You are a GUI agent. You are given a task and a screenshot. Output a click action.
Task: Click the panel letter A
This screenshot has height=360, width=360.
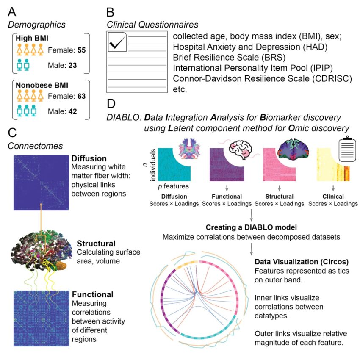click(x=12, y=12)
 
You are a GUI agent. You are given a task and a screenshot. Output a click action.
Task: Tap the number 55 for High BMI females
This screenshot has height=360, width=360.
click(x=81, y=50)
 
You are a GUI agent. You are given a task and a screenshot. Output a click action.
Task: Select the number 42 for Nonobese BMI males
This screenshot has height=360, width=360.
click(x=72, y=111)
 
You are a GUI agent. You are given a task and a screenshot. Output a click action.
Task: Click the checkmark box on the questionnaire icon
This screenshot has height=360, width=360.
click(x=117, y=42)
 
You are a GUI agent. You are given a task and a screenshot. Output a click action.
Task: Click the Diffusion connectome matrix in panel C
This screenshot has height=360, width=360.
click(x=42, y=183)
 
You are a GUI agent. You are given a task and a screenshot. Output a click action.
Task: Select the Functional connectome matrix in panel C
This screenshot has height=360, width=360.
click(x=42, y=318)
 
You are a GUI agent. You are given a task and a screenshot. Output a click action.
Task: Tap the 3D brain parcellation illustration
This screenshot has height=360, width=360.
click(x=39, y=250)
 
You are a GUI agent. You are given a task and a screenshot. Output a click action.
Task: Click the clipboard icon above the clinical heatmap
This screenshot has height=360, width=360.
click(x=347, y=149)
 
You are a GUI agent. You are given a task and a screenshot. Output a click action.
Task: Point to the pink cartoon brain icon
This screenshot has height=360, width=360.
click(x=241, y=150)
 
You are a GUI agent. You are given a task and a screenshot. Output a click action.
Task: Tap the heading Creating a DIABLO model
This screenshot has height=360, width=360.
click(x=251, y=227)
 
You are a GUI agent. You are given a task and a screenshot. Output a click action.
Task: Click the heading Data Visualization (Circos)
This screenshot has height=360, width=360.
click(x=302, y=262)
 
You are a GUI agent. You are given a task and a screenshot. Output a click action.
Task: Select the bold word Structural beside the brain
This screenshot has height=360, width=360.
click(x=96, y=244)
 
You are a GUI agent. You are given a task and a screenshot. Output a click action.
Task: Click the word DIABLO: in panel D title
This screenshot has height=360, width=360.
click(x=124, y=118)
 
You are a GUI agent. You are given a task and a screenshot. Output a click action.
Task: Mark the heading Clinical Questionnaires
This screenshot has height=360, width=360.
click(x=152, y=25)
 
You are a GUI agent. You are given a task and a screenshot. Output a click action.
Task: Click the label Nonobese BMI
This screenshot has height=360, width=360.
click(x=42, y=86)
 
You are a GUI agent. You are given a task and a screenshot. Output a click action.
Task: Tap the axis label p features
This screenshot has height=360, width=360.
click(x=173, y=186)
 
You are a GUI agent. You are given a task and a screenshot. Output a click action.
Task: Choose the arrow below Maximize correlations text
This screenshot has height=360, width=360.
click(x=252, y=249)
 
